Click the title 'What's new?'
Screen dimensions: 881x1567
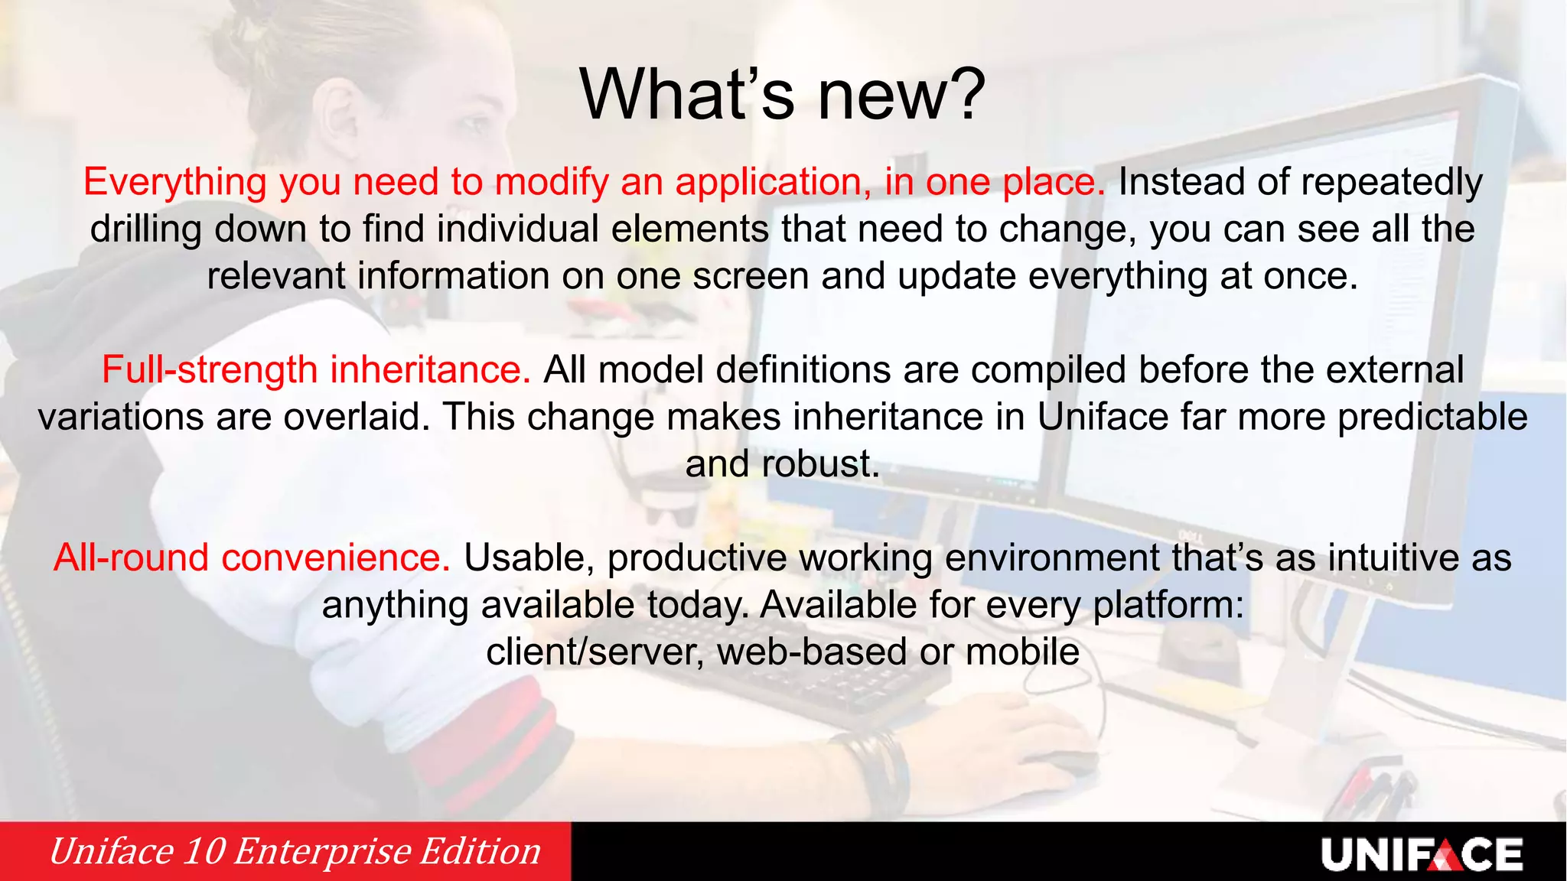point(783,95)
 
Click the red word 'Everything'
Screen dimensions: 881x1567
point(174,182)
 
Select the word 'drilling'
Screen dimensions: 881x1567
point(145,229)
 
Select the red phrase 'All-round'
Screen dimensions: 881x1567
point(130,558)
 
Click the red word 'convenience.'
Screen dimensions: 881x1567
point(336,558)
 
